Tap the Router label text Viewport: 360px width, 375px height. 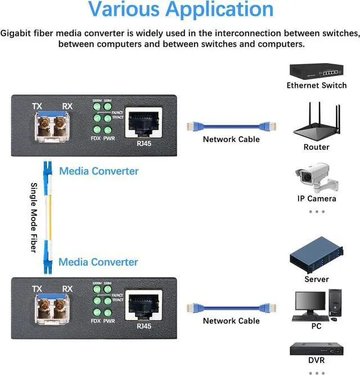[x=316, y=147]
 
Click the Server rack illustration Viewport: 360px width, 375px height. [x=317, y=257]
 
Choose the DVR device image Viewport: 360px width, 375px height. [x=317, y=349]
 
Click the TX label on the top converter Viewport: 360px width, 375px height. [x=37, y=106]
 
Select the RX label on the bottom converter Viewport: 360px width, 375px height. [x=67, y=289]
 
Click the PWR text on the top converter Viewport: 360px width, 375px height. [x=109, y=138]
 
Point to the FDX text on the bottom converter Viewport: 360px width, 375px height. [x=95, y=321]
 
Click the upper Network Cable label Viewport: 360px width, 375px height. [x=231, y=139]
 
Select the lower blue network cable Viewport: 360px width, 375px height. [x=231, y=306]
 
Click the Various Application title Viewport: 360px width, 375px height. [x=181, y=10]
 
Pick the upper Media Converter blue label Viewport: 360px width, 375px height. [x=98, y=171]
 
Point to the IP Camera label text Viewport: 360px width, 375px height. [x=317, y=199]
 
